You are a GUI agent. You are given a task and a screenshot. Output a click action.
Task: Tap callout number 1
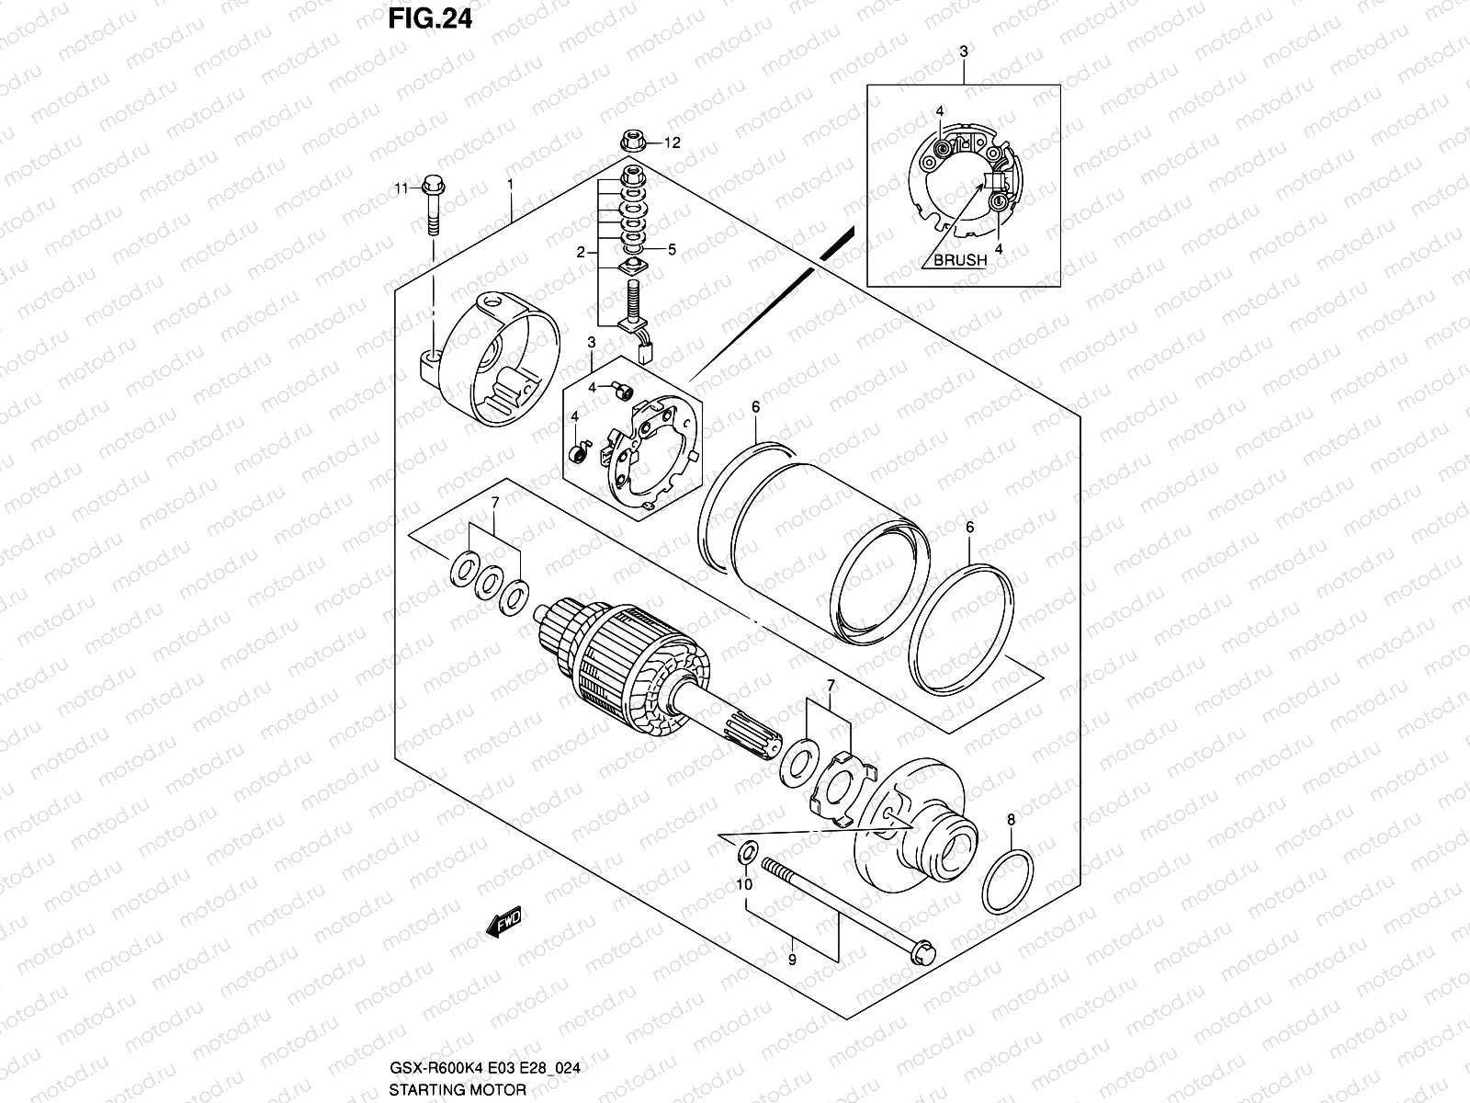point(511,185)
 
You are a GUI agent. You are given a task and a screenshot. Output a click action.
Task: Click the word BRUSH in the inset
point(960,260)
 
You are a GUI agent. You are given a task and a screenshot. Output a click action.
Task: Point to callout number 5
point(672,248)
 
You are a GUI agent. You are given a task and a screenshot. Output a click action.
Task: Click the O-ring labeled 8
point(1006,881)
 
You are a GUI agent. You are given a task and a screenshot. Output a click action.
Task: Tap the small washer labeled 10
point(748,851)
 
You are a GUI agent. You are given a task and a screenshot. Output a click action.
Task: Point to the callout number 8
point(1011,820)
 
